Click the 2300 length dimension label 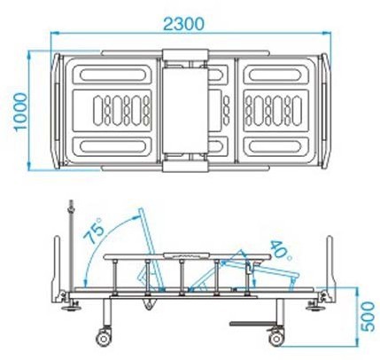click(x=183, y=24)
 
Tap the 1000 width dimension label click(x=20, y=111)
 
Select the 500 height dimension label click(x=368, y=317)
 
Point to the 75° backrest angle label click(x=94, y=230)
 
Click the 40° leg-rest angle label click(x=281, y=250)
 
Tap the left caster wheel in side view click(x=104, y=338)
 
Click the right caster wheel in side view click(x=276, y=338)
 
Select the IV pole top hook click(x=71, y=207)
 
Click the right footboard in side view click(x=330, y=268)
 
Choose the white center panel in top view click(x=185, y=110)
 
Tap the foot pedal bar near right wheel click(x=253, y=324)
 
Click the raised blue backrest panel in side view click(x=151, y=249)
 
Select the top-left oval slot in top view click(x=113, y=75)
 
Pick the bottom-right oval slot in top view click(x=275, y=146)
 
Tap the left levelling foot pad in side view click(x=71, y=309)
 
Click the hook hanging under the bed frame click(x=149, y=304)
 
